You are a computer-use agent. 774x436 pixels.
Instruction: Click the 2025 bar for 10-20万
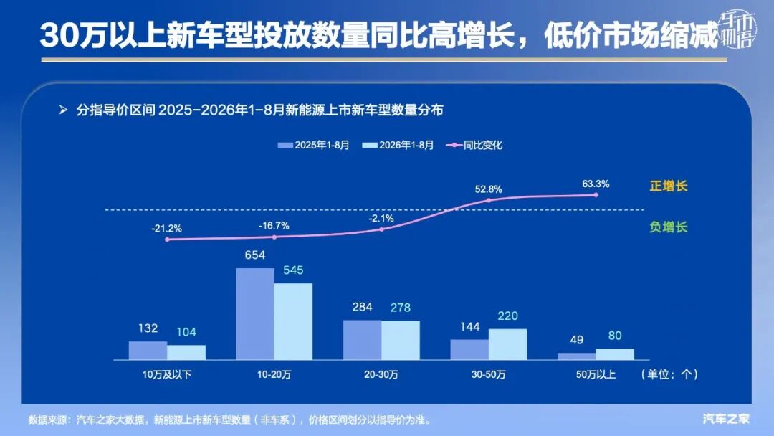[x=255, y=314]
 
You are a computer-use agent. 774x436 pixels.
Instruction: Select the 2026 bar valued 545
[x=293, y=321]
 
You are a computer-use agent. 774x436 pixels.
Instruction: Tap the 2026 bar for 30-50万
[x=508, y=345]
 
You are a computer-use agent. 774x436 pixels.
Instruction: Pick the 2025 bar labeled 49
[x=576, y=356]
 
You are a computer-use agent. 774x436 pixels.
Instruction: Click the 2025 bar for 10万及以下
[x=148, y=351]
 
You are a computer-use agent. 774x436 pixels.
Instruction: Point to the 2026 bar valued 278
[x=401, y=341]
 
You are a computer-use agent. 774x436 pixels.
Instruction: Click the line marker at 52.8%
[x=489, y=200]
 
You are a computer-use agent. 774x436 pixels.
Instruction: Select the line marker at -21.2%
[x=167, y=240]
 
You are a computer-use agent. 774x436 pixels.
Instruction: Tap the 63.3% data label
[x=596, y=184]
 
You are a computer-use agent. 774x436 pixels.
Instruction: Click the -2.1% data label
[x=381, y=218]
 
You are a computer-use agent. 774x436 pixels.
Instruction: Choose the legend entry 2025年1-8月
[x=313, y=145]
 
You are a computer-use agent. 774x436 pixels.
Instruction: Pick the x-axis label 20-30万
[x=381, y=375]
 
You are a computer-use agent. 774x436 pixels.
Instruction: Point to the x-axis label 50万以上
[x=596, y=375]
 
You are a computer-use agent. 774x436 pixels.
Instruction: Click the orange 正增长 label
[x=669, y=186]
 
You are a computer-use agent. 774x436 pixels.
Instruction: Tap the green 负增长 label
[x=669, y=227]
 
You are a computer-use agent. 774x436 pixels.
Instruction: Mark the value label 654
[x=254, y=255]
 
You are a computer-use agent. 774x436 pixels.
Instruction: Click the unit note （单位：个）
[x=669, y=374]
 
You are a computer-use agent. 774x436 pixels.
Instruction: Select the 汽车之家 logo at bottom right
[x=726, y=420]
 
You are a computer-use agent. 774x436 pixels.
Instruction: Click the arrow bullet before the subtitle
[x=63, y=110]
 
